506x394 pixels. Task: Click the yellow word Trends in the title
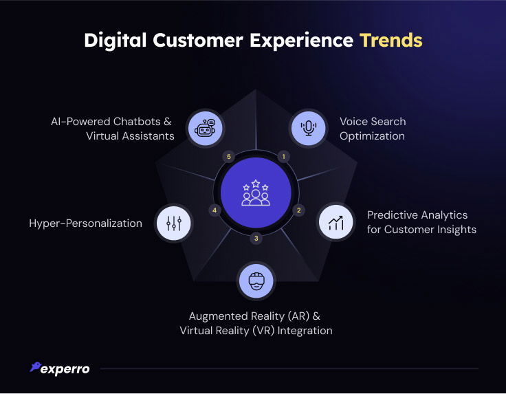[391, 41]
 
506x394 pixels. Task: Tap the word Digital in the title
[115, 41]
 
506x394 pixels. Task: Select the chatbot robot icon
[205, 128]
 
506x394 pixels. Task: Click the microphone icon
[309, 128]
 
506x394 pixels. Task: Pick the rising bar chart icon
[336, 223]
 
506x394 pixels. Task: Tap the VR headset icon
[256, 281]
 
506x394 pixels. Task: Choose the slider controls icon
[174, 223]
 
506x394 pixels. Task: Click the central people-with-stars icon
[256, 193]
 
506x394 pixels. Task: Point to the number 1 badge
[284, 157]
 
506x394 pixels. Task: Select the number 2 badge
[299, 210]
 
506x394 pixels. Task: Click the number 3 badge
[256, 239]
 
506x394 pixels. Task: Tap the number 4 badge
[214, 210]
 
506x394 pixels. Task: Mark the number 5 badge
[229, 157]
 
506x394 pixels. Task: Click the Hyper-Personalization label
[85, 223]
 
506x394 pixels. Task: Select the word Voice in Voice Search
[354, 122]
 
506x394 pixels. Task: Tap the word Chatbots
[137, 122]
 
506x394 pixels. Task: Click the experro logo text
[65, 369]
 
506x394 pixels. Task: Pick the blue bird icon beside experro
[36, 367]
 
